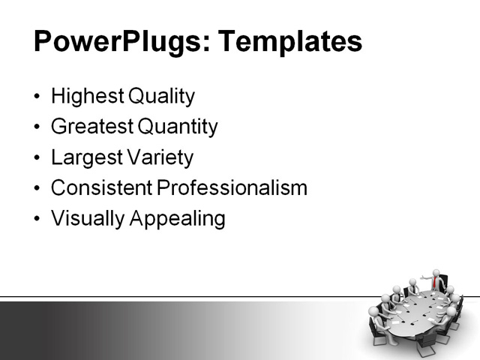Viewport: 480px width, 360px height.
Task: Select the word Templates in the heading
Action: click(x=289, y=41)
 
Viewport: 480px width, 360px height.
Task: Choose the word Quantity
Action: click(x=175, y=127)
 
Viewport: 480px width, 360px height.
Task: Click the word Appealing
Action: click(x=180, y=218)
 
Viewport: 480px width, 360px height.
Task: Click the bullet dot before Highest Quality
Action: click(x=38, y=97)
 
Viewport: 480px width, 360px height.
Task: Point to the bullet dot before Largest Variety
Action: click(x=38, y=158)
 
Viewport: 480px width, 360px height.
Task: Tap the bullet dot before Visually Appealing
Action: click(x=38, y=219)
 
